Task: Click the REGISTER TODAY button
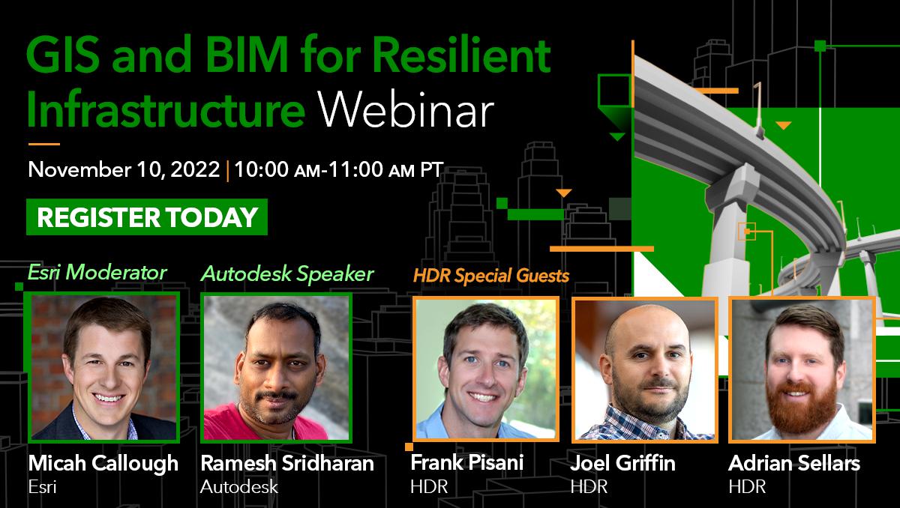147,217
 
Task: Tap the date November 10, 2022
124,169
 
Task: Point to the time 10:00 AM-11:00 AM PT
338,169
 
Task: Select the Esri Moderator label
97,272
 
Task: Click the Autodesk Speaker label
287,274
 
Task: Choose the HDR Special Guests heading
490,276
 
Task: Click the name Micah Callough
103,463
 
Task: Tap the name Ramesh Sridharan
287,463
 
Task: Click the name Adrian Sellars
794,463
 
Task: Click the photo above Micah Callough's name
103,366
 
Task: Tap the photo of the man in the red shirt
276,366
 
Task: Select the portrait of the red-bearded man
802,368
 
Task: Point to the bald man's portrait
645,368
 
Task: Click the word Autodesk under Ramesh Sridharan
239,486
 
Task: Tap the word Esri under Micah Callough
42,486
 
